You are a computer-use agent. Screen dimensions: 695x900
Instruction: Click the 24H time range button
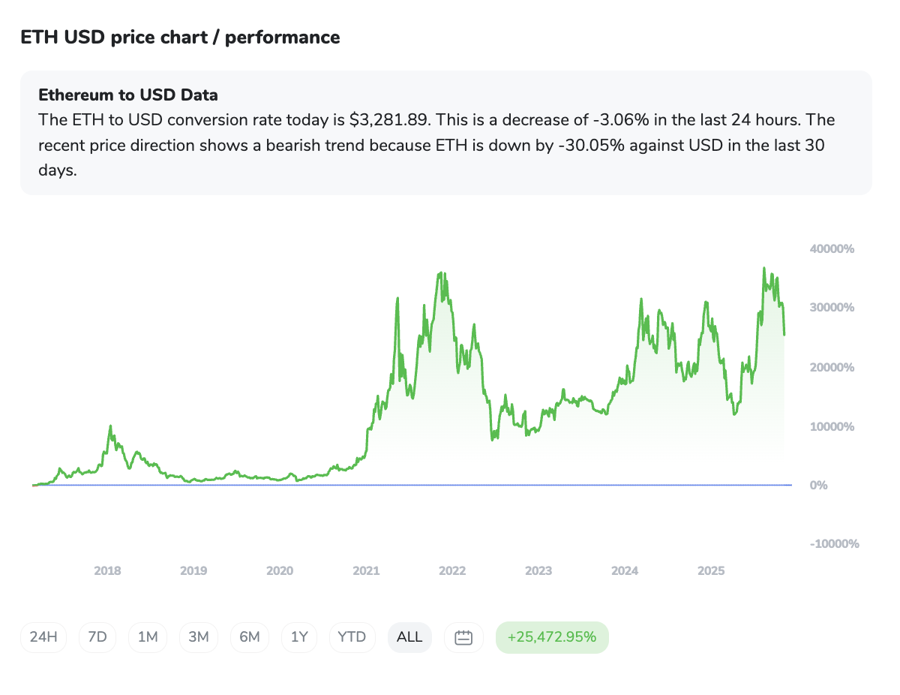tap(43, 637)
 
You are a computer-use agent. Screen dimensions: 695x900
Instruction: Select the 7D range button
tap(97, 637)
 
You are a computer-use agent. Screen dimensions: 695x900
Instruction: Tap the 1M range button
tap(148, 637)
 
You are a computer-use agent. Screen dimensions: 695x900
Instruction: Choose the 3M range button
tap(199, 637)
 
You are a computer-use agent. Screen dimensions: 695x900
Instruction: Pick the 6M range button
tap(250, 637)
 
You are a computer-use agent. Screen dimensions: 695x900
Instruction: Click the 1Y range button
tap(299, 637)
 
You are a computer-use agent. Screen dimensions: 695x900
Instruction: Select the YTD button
tap(352, 637)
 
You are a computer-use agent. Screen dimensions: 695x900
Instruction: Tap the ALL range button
tap(409, 637)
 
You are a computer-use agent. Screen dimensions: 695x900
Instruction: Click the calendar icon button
tap(463, 637)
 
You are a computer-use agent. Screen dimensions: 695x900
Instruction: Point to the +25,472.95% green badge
tap(552, 637)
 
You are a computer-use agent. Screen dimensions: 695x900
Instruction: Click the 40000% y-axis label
tap(832, 249)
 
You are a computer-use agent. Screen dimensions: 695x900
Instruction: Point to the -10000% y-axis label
tap(834, 544)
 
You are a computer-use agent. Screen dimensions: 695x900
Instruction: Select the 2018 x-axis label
tap(107, 571)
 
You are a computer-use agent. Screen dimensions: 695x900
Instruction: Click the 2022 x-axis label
tap(452, 571)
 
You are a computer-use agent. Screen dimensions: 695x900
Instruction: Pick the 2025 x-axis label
tap(711, 571)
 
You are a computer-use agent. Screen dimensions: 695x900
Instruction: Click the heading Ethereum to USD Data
tap(128, 95)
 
